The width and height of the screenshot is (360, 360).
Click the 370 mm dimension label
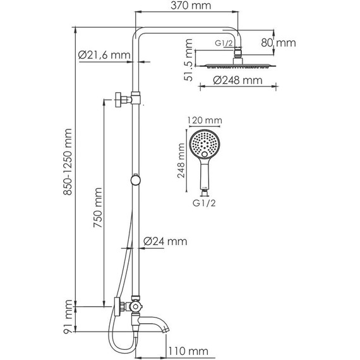(191, 6)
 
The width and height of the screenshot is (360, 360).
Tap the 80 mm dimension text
(279, 43)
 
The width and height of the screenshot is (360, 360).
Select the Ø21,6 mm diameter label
(104, 55)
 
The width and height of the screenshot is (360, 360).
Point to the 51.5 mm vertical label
(188, 60)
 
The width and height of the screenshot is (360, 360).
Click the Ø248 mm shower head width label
(237, 80)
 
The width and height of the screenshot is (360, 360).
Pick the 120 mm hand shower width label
(205, 120)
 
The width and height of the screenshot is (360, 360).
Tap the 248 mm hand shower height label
(181, 160)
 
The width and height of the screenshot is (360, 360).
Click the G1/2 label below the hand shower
(204, 203)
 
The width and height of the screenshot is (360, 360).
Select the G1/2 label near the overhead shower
(224, 43)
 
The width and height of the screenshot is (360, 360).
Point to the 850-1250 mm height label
(68, 162)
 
